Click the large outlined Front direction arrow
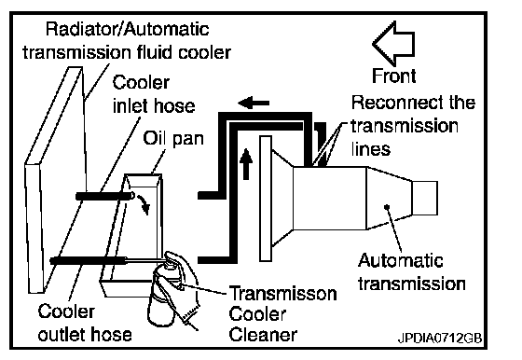pyautogui.click(x=393, y=44)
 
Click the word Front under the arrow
pyautogui.click(x=393, y=76)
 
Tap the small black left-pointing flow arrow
pyautogui.click(x=254, y=103)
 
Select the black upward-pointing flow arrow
pyautogui.click(x=246, y=164)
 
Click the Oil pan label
pyautogui.click(x=173, y=139)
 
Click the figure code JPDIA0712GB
pyautogui.click(x=440, y=338)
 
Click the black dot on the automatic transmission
pyautogui.click(x=387, y=207)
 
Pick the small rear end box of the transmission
pyautogui.click(x=425, y=198)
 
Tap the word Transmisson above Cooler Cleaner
pyautogui.click(x=283, y=294)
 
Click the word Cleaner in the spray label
pyautogui.click(x=263, y=335)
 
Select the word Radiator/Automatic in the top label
pyautogui.click(x=127, y=29)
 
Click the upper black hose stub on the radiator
pyautogui.click(x=105, y=196)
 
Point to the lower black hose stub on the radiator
pyautogui.click(x=89, y=260)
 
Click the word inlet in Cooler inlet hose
pyautogui.click(x=130, y=106)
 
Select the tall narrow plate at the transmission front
pyautogui.click(x=266, y=199)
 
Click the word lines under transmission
pyautogui.click(x=371, y=148)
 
